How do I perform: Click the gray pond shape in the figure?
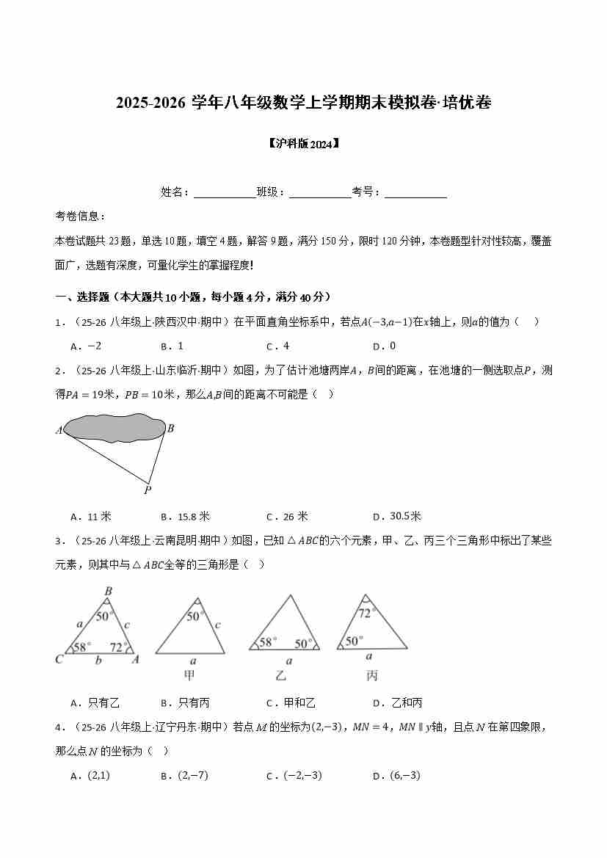click(x=114, y=429)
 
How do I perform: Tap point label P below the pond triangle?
click(x=148, y=490)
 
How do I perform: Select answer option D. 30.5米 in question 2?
click(x=396, y=516)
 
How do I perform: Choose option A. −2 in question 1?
click(x=86, y=346)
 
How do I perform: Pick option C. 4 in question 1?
click(x=278, y=346)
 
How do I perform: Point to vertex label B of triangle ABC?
click(x=108, y=591)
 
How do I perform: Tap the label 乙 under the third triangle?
click(x=280, y=675)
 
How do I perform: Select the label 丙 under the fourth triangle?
click(x=371, y=675)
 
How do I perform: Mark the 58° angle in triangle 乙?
click(x=266, y=642)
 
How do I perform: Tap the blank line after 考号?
click(x=415, y=193)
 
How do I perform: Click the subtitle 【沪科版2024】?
click(x=303, y=144)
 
